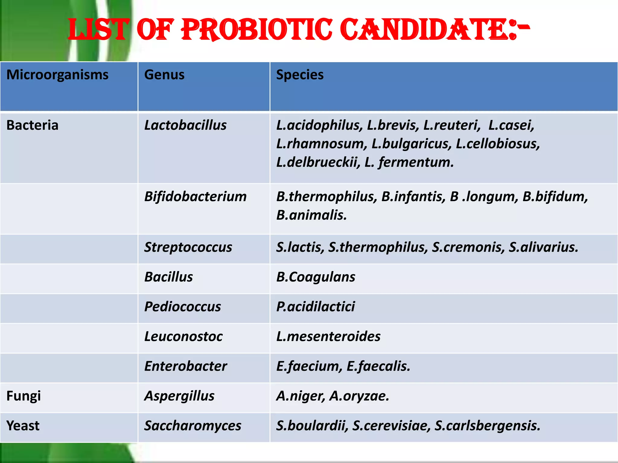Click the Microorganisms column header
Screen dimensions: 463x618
[x=57, y=75]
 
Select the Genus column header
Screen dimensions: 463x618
[x=164, y=75]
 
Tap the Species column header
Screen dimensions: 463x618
[x=300, y=75]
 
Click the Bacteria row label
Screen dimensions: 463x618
[x=32, y=125]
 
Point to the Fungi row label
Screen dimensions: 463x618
[x=24, y=396]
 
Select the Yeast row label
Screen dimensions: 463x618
[x=23, y=426]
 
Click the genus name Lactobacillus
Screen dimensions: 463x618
[x=185, y=125]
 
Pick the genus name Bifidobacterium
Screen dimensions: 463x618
[x=195, y=197]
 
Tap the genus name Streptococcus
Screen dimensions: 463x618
[x=188, y=247]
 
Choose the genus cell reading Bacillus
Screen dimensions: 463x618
[x=168, y=277]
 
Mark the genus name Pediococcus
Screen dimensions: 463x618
[x=183, y=307]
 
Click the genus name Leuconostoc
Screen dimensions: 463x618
[x=183, y=336]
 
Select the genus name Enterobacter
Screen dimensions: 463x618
[x=186, y=366]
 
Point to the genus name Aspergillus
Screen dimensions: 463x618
[x=179, y=396]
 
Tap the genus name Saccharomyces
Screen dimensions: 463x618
[x=193, y=426]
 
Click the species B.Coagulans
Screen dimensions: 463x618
[x=316, y=277]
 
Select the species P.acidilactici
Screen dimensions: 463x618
[x=316, y=307]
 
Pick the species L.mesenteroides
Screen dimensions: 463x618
[x=328, y=336]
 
